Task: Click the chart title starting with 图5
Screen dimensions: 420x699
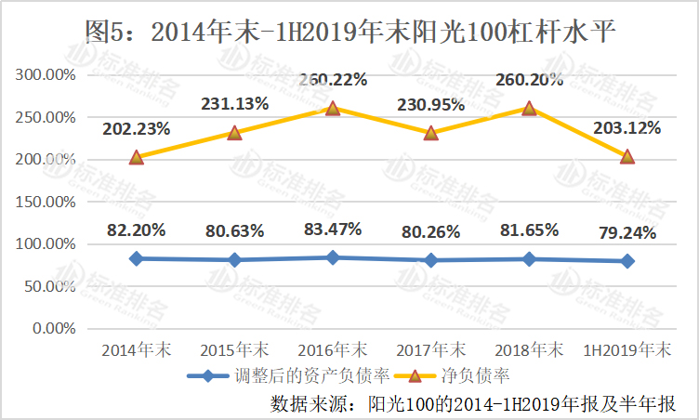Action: click(x=349, y=30)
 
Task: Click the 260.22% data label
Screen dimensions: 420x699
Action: click(x=333, y=81)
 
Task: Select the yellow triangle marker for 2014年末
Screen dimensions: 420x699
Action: click(x=137, y=157)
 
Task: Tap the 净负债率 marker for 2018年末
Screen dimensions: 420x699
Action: click(x=529, y=108)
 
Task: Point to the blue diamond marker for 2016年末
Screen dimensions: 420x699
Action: click(x=333, y=257)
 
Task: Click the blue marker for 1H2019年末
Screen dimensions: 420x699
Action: click(x=627, y=261)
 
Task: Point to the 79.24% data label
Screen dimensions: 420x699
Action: click(x=627, y=232)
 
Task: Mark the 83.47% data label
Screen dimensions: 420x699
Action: click(x=333, y=229)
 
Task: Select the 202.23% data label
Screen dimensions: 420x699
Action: click(x=137, y=129)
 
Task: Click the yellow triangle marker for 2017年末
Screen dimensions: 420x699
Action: click(x=431, y=133)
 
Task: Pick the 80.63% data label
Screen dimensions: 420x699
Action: click(x=234, y=230)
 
